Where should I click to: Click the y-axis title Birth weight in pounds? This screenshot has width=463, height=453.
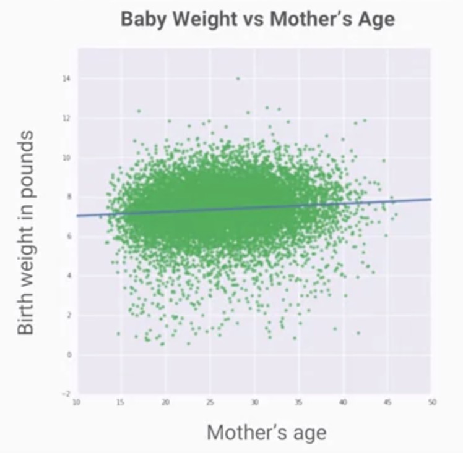[x=26, y=232]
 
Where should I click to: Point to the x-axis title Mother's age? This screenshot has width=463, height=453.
[x=266, y=432]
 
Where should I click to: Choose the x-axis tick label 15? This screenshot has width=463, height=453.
[x=121, y=402]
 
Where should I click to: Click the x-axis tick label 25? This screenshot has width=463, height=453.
[x=210, y=402]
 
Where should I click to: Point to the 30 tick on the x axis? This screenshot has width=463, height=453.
[x=254, y=402]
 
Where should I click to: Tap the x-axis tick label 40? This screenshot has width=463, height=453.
[x=343, y=402]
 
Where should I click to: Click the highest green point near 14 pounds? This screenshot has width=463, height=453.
[x=238, y=78]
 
